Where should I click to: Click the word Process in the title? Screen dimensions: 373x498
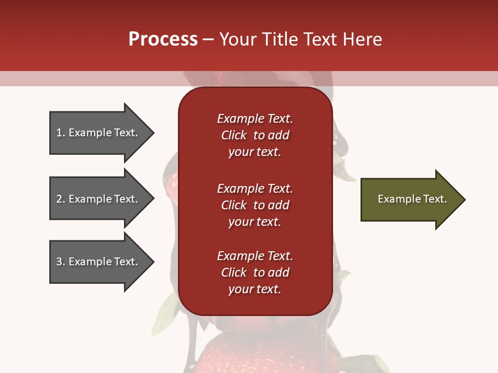163,39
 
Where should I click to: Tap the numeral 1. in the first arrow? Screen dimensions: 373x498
60,133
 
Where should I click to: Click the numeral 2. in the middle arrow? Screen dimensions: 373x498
60,199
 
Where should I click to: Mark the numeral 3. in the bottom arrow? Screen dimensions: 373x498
60,262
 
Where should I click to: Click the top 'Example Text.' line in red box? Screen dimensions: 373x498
255,119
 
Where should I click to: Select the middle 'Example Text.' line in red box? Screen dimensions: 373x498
255,189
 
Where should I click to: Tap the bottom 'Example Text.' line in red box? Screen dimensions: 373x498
255,256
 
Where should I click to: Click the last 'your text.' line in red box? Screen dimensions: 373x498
255,289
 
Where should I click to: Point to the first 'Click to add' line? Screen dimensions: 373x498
255,135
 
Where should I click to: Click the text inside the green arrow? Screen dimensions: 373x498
412,199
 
